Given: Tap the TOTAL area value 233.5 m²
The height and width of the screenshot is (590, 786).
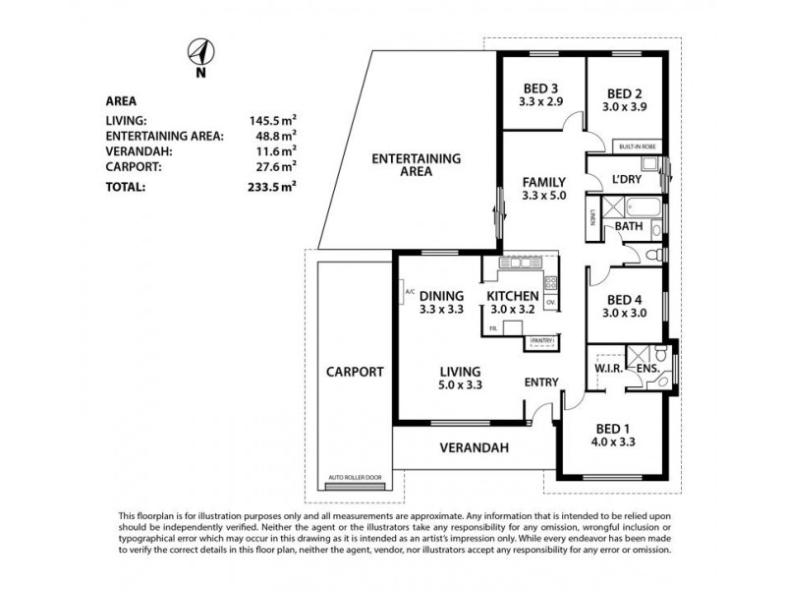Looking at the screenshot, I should click(275, 185).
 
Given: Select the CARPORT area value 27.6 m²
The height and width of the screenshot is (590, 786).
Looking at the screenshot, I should click(276, 168).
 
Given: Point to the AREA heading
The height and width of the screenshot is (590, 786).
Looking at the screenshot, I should click(120, 100).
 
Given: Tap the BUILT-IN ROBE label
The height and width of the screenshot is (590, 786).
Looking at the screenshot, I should click(636, 147).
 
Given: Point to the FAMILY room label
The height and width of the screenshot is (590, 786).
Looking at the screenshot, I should click(543, 182).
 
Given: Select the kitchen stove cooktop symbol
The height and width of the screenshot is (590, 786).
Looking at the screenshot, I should click(550, 282).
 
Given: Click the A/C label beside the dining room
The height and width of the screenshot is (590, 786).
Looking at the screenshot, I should click(407, 291).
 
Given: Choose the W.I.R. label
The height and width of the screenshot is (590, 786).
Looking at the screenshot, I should click(606, 370).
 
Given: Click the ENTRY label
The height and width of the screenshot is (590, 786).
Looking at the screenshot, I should click(541, 382).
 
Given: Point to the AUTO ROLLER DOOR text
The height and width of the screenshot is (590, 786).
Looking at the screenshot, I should click(356, 475).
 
